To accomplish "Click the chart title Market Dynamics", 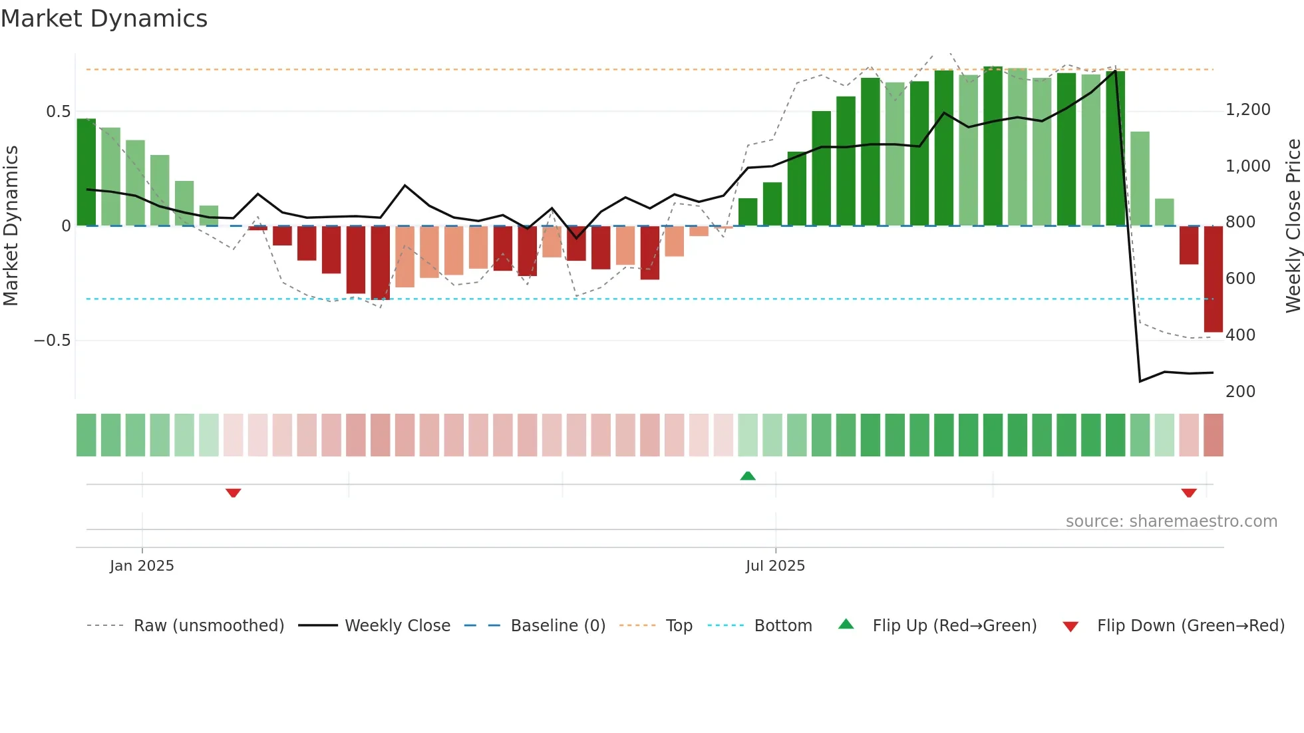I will tap(104, 19).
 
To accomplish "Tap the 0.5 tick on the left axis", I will tap(59, 112).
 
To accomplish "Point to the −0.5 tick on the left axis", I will tap(53, 341).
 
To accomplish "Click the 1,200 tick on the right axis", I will tap(1247, 110).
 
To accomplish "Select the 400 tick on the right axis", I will tap(1240, 335).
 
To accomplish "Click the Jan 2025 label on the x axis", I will tap(142, 566).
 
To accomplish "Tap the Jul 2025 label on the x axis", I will tap(775, 566).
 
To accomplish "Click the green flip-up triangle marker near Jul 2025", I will tap(748, 476).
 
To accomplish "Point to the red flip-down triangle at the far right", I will tap(1189, 493).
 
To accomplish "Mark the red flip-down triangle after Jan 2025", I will tap(233, 493).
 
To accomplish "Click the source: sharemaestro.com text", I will tap(1171, 521).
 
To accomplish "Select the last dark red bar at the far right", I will tap(1213, 279).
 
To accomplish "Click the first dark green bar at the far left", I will tap(86, 172).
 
